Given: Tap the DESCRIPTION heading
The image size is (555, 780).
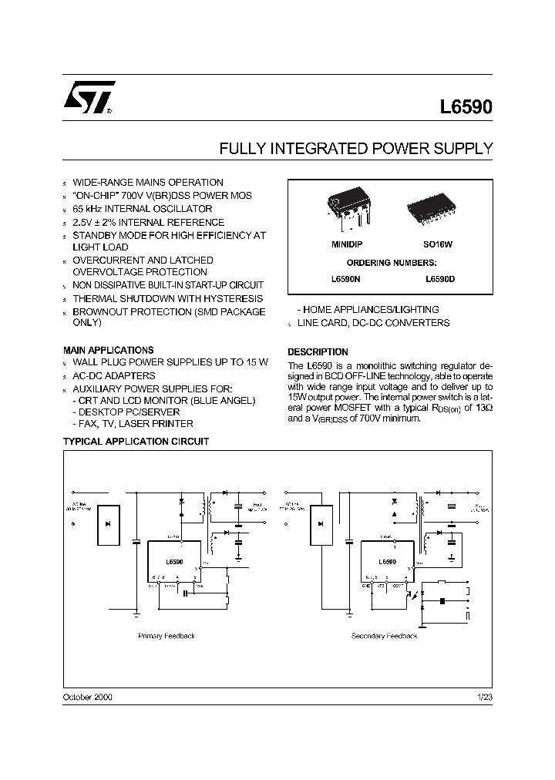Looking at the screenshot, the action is pyautogui.click(x=318, y=351).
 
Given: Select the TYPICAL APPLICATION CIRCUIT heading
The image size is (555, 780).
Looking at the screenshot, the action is pyautogui.click(x=135, y=442).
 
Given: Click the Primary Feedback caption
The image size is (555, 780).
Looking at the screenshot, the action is pyautogui.click(x=166, y=636).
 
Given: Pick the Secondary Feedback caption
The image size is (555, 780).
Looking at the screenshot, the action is pyautogui.click(x=384, y=636).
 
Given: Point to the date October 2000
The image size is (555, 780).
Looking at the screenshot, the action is pyautogui.click(x=87, y=697).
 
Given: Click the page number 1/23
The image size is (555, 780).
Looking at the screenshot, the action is pyautogui.click(x=484, y=697).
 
